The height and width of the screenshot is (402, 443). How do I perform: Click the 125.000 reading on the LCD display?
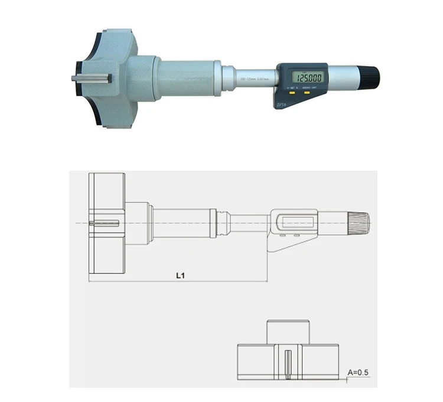click(x=310, y=78)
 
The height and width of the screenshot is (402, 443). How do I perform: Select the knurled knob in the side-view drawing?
click(x=360, y=223)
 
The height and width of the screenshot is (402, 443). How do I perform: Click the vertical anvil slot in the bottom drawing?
click(x=288, y=365)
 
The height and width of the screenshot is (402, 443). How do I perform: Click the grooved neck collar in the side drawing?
click(x=223, y=223)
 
